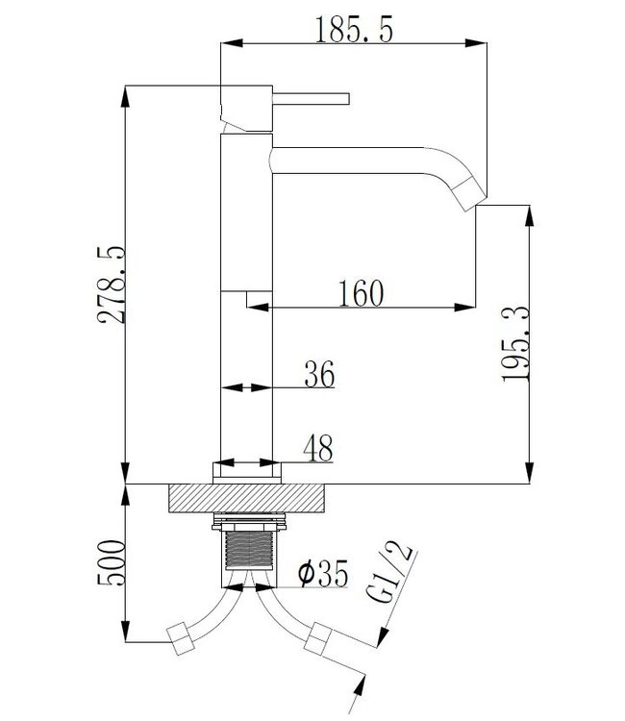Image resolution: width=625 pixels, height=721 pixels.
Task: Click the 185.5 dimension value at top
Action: (354, 31)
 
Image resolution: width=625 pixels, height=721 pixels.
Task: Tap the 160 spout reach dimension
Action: (361, 291)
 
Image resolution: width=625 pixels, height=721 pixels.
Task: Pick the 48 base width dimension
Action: (317, 447)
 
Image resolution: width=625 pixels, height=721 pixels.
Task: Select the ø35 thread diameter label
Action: (321, 575)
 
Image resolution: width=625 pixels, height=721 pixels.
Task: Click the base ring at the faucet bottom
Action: (248, 470)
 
